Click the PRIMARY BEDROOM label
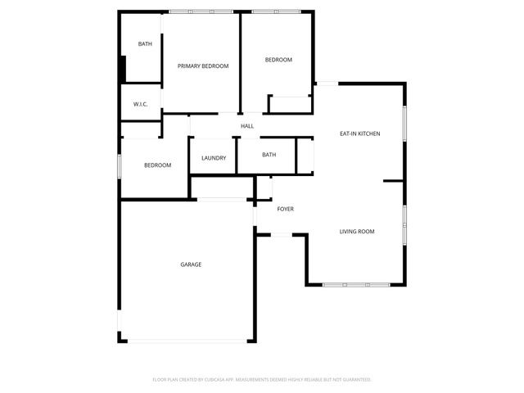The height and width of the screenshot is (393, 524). point(203,65)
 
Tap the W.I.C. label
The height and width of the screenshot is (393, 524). point(140,104)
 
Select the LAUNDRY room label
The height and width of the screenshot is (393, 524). point(214,158)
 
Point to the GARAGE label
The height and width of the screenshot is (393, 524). point(191,264)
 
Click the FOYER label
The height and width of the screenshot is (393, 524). point(285,209)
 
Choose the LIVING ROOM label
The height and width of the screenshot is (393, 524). point(357,232)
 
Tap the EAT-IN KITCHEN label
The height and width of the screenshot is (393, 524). point(360,133)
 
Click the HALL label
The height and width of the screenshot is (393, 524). point(246,126)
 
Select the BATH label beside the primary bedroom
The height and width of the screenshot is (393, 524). point(145,44)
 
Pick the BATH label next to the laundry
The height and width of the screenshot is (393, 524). point(269,155)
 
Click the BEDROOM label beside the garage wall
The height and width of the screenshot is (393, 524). point(157,165)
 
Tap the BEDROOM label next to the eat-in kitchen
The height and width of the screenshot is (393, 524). point(278,60)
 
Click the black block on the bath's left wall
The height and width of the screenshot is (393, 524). point(123,68)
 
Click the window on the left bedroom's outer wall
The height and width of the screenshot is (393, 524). point(120,165)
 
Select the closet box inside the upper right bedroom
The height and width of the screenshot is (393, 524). point(290,105)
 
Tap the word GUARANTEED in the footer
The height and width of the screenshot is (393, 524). point(354,380)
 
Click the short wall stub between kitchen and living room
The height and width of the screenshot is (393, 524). point(394,181)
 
